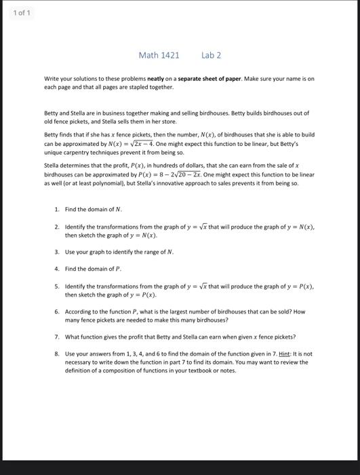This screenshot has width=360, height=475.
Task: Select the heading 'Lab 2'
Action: point(211,55)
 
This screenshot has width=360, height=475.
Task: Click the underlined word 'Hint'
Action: point(272,354)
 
